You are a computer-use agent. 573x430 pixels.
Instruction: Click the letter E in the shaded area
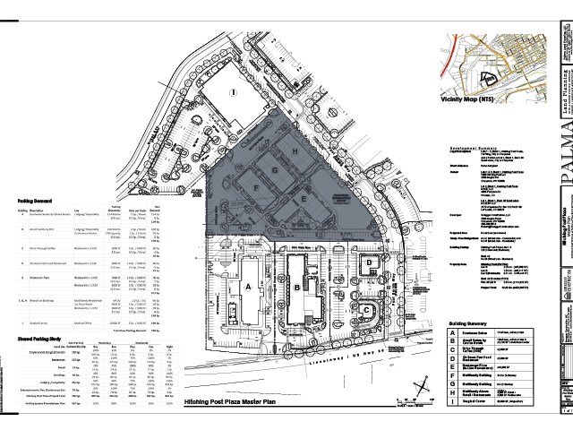304,198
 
